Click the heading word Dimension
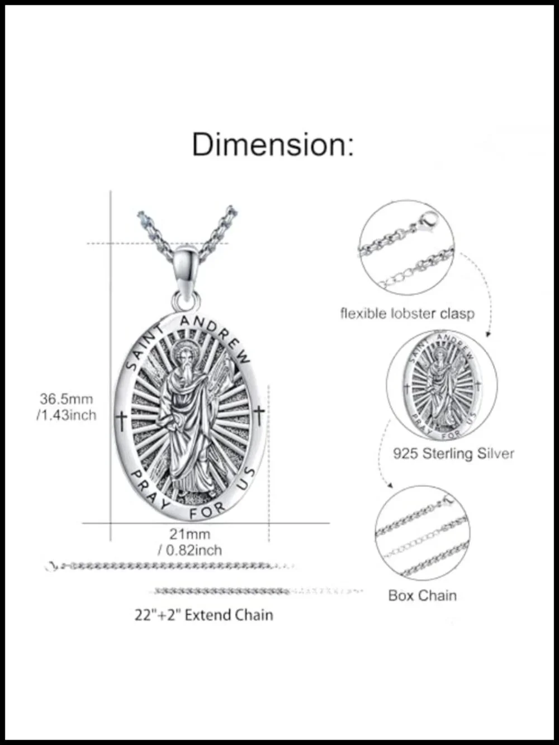click(273, 145)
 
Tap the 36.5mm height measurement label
click(66, 399)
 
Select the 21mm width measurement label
click(190, 534)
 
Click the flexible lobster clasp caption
click(407, 314)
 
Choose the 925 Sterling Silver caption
click(453, 453)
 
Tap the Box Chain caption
click(422, 595)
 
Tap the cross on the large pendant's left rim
click(121, 421)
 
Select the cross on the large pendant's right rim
click(259, 415)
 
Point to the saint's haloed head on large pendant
click(183, 355)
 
